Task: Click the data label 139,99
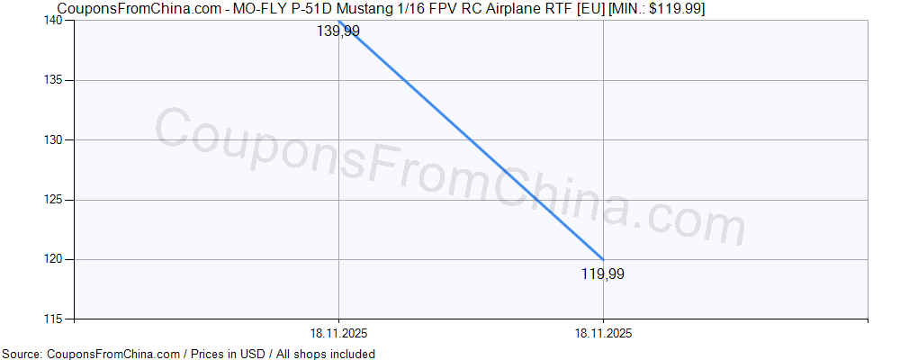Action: pos(338,31)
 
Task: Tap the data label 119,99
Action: pos(603,274)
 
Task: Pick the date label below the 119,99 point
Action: pos(603,333)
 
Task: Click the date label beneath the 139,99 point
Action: pos(338,333)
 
